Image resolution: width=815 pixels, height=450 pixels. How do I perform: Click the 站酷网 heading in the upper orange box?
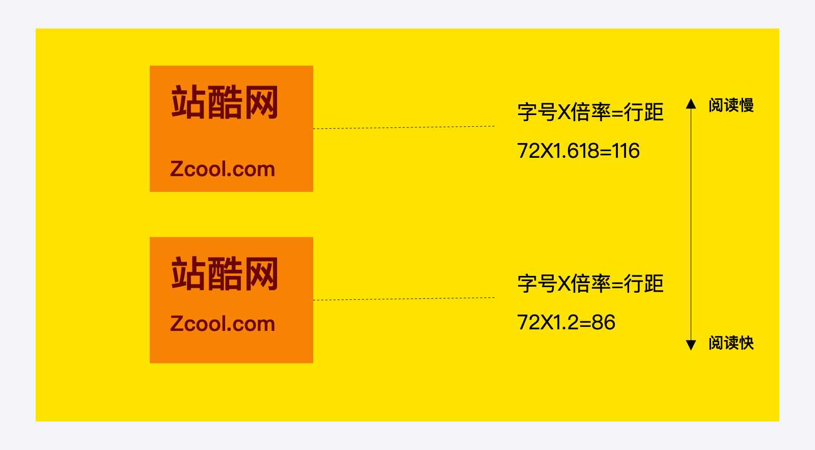click(225, 103)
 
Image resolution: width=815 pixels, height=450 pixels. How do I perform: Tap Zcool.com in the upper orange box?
click(223, 169)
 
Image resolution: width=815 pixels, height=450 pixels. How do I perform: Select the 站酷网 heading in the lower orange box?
click(225, 274)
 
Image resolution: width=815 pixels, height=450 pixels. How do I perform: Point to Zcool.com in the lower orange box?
click(223, 324)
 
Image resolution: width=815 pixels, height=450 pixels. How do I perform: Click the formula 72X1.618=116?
click(578, 151)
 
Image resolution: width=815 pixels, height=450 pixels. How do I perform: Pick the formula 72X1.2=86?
click(566, 323)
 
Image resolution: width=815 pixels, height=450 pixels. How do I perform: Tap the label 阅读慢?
click(731, 105)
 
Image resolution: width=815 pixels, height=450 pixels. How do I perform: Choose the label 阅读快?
click(731, 343)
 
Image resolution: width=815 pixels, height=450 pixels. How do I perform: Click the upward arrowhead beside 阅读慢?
click(691, 104)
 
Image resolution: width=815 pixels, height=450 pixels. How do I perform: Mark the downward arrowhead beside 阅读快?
click(691, 345)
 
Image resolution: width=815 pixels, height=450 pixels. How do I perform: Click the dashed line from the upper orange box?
click(403, 127)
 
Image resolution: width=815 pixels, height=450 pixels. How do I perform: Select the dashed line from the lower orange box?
click(403, 299)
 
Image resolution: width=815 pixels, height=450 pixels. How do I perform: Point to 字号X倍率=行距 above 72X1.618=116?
click(590, 112)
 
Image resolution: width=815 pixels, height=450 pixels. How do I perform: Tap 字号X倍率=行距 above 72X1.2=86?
click(590, 284)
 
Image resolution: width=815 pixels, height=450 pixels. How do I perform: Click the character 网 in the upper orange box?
click(261, 103)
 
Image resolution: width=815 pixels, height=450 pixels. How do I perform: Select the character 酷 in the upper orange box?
click(225, 103)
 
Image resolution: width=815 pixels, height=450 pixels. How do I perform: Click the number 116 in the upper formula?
click(626, 151)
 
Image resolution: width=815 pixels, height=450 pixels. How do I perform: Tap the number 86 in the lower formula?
click(603, 323)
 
